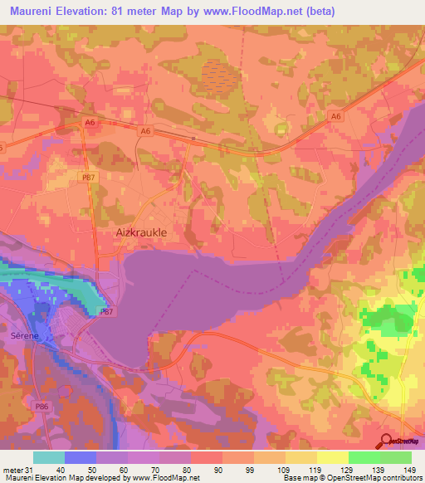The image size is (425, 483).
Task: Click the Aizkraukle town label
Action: [x=139, y=234]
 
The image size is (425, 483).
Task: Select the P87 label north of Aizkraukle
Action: [x=87, y=175]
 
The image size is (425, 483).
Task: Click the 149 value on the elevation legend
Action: [x=408, y=468]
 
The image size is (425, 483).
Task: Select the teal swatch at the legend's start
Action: [x=48, y=457]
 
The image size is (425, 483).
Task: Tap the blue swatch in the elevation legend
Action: [x=80, y=457]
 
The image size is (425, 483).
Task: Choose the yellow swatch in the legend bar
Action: [x=332, y=457]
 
